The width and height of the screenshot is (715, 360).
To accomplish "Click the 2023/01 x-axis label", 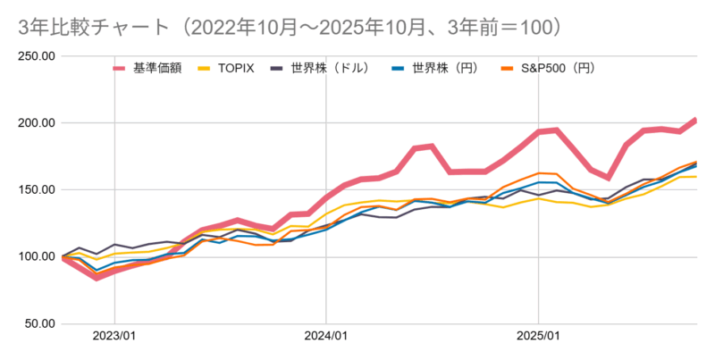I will [114, 338].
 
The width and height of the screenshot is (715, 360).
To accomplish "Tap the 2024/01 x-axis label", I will [326, 338].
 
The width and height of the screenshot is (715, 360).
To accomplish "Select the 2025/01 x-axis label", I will [538, 338].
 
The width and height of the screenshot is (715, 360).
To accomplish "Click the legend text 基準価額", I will [157, 68].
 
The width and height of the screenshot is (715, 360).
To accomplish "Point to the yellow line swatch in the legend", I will [205, 68].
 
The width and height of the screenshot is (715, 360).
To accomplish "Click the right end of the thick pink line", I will [695, 120].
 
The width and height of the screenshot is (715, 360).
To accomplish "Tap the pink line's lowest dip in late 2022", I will [97, 277].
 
